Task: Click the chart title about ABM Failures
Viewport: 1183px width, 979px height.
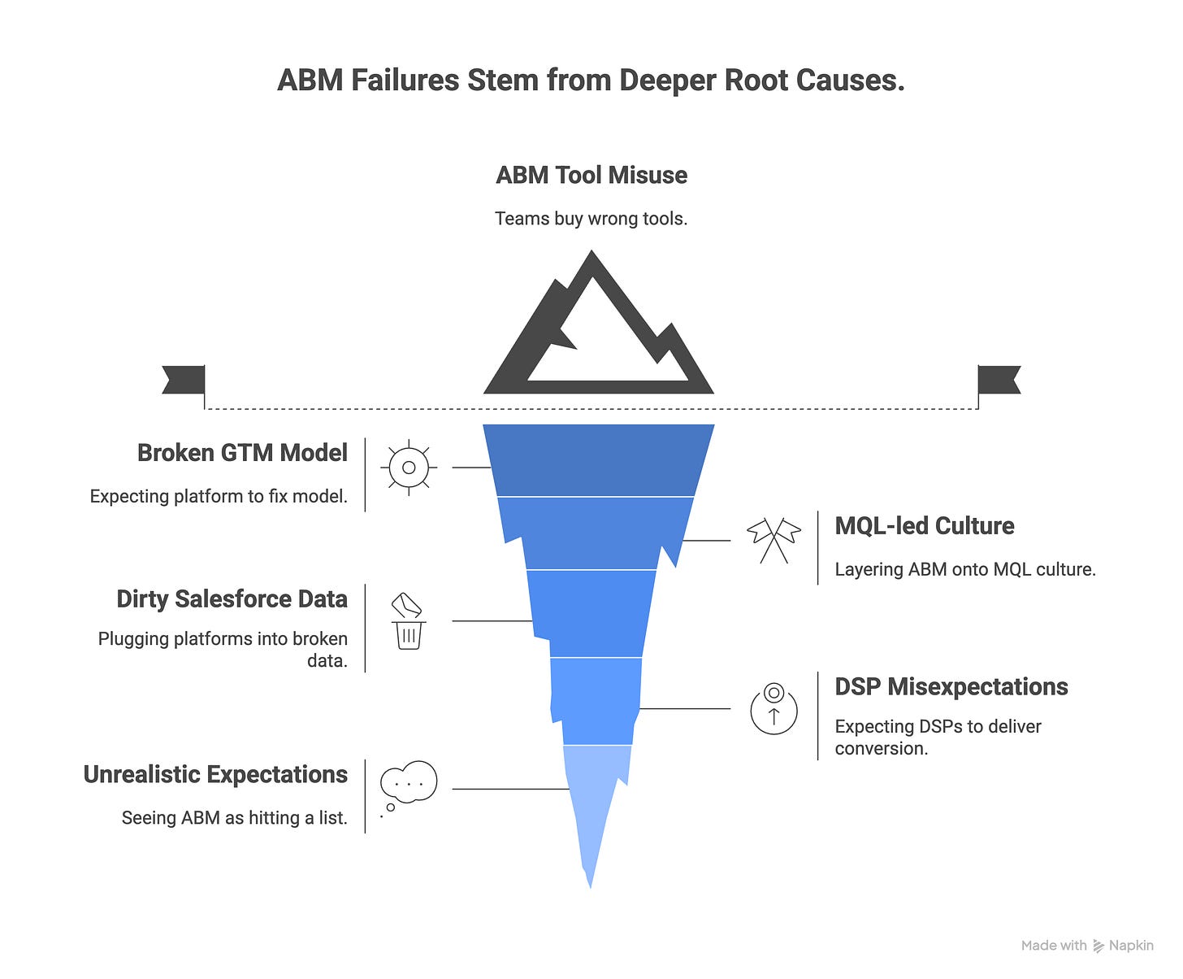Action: pos(591,81)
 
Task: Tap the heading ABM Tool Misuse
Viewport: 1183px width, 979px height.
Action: pos(591,176)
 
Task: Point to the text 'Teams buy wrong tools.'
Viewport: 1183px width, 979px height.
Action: pos(591,219)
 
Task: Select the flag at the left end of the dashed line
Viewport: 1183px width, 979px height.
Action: pos(184,380)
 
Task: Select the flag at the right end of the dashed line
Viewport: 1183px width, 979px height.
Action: pos(999,380)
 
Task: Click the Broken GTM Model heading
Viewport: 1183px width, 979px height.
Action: pos(242,453)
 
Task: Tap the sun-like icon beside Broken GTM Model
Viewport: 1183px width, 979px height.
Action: pos(409,468)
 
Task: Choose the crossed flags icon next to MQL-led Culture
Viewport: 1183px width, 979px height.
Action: pos(773,540)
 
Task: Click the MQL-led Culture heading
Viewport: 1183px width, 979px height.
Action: pos(925,526)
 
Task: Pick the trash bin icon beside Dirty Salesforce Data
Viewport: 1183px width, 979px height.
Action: pos(408,621)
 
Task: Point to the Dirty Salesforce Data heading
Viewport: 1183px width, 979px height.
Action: pos(232,599)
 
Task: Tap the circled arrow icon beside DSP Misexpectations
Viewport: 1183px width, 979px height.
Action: pos(773,708)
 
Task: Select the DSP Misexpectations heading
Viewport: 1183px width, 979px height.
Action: pos(951,687)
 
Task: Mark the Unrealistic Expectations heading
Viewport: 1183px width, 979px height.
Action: pos(215,775)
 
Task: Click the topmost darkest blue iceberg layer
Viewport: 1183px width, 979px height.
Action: pos(598,460)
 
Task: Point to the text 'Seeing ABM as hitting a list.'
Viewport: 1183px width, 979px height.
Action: pos(234,818)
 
